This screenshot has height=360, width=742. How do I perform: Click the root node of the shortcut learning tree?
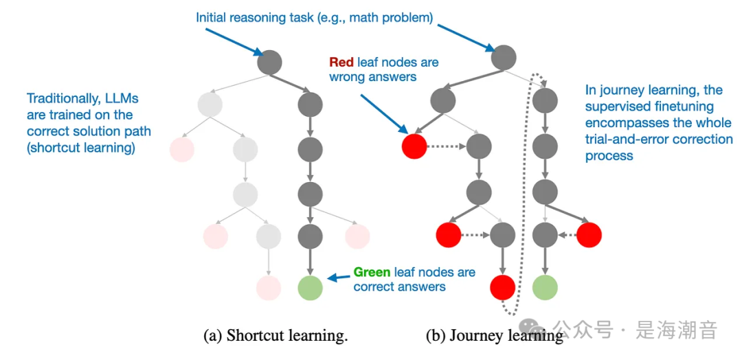(269, 62)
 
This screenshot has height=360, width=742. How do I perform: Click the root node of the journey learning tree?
(504, 58)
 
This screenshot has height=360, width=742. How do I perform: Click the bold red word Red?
(341, 63)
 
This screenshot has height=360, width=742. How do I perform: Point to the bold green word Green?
(372, 272)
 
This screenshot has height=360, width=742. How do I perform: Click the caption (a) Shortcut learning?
(276, 336)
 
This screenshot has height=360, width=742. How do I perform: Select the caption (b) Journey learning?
(494, 336)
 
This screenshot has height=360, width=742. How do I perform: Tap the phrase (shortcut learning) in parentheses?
(81, 148)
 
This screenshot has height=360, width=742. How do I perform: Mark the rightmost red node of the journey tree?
(589, 235)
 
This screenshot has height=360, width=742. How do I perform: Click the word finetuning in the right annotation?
(680, 106)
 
